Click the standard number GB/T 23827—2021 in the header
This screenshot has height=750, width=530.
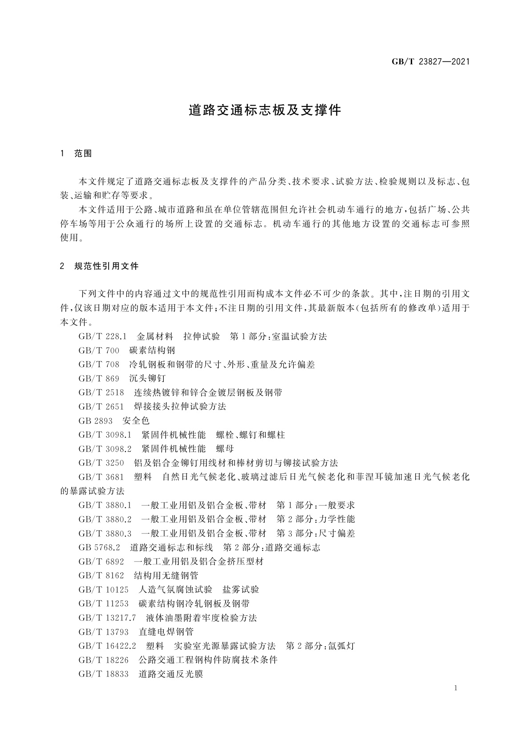(x=430, y=62)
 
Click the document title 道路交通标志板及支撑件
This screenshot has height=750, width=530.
(x=265, y=110)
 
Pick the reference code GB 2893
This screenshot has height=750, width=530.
(x=95, y=421)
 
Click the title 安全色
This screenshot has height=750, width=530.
(x=136, y=421)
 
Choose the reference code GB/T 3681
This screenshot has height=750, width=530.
(x=101, y=477)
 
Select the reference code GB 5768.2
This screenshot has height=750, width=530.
(x=99, y=547)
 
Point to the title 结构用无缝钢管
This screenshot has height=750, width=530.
(x=166, y=575)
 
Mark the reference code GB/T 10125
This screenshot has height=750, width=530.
(x=103, y=590)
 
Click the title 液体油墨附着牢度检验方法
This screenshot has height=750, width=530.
(x=201, y=618)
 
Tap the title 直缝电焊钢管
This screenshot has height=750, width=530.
(x=166, y=632)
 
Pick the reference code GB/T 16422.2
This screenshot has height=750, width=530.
(x=107, y=646)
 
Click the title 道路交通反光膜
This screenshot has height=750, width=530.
(x=171, y=674)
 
